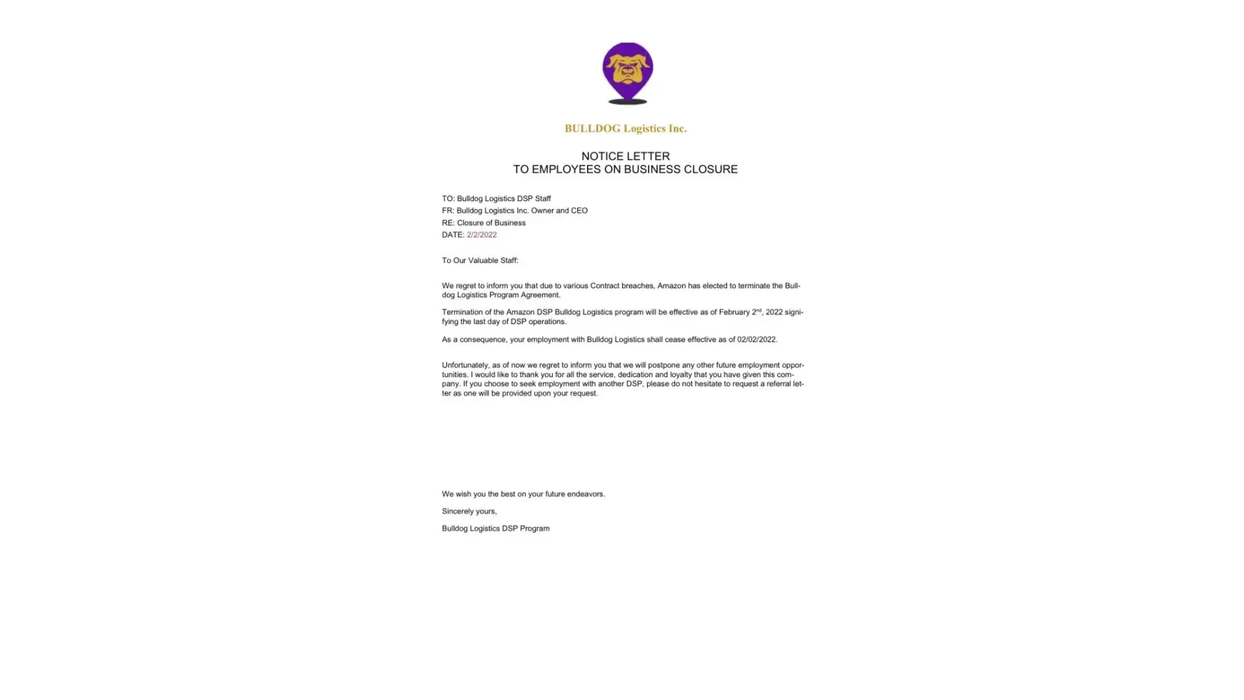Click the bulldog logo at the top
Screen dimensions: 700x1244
click(627, 70)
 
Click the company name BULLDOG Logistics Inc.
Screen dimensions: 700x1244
click(625, 128)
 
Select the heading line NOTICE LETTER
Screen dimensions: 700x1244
click(625, 156)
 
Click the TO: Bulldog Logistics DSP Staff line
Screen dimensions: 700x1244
click(496, 199)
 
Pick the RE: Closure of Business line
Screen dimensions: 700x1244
click(483, 223)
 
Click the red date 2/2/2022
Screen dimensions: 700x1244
click(481, 235)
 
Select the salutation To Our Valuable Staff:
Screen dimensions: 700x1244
click(480, 260)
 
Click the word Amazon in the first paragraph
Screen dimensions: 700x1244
click(671, 286)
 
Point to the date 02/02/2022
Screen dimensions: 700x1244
click(756, 339)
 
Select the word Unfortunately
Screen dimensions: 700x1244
click(465, 365)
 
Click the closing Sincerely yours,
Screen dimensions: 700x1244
click(469, 512)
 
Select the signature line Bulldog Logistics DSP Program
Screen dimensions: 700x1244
click(495, 528)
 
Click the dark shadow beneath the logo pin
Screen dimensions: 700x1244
click(627, 102)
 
